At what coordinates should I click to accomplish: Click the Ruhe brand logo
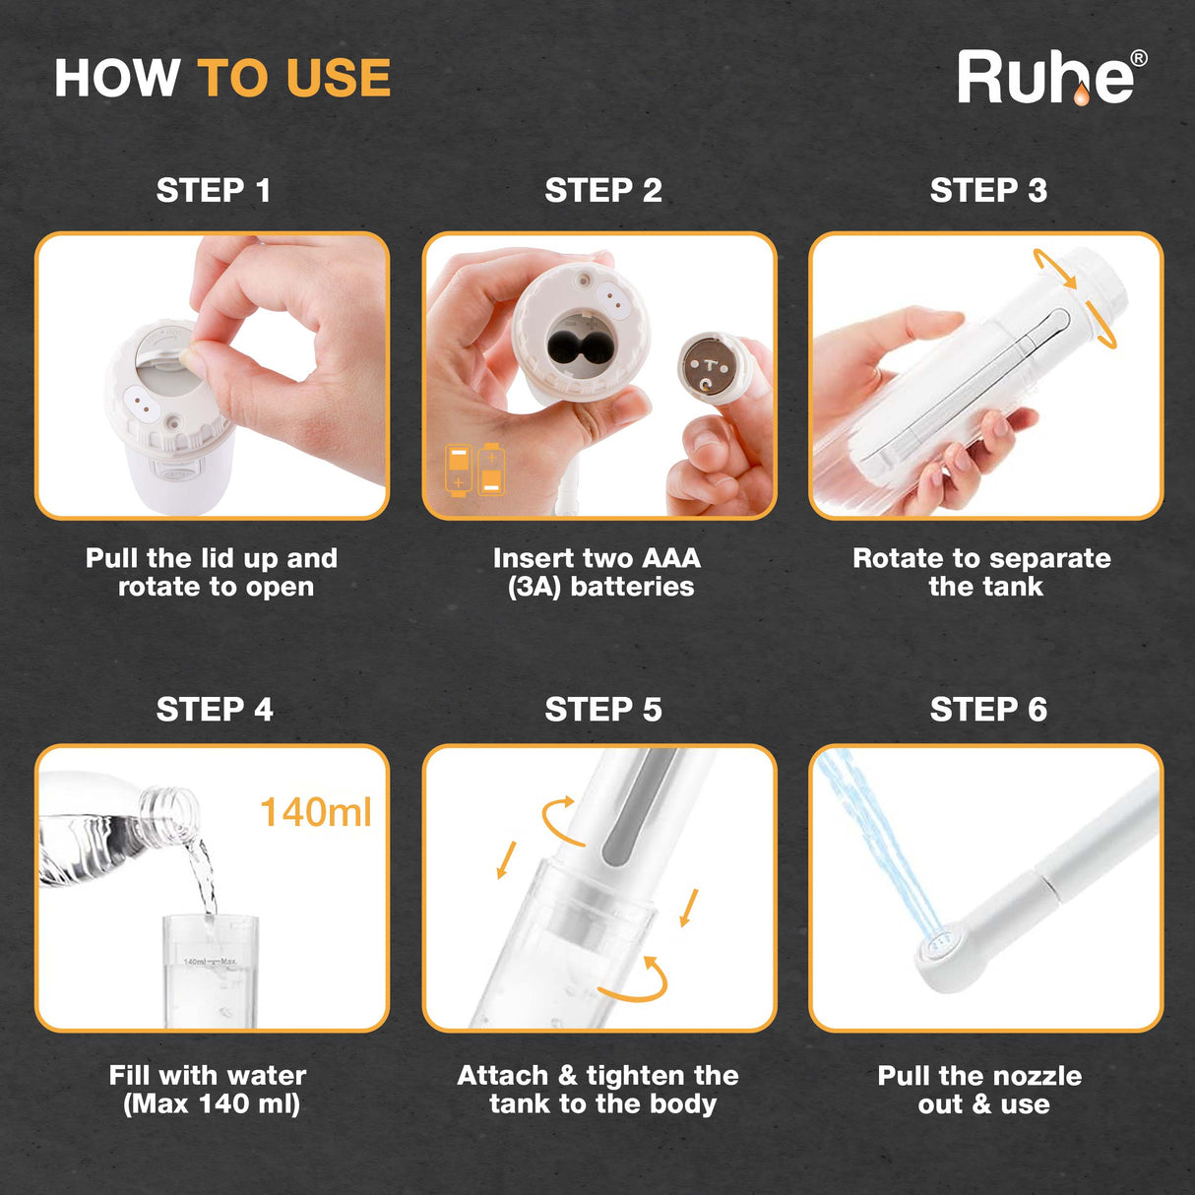(1045, 78)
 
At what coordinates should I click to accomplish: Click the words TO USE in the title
(294, 79)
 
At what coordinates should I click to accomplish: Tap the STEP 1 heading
(213, 190)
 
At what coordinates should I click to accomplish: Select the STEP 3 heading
(987, 190)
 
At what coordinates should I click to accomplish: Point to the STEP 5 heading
(602, 709)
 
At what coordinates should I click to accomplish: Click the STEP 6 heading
(987, 709)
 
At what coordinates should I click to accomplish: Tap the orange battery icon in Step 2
(474, 470)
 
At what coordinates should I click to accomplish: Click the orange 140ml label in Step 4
(315, 812)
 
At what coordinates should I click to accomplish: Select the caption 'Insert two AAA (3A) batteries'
(597, 572)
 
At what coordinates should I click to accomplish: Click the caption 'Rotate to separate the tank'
(982, 572)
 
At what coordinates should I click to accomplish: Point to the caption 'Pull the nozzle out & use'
(980, 1090)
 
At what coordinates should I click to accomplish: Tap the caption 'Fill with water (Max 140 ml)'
(209, 1090)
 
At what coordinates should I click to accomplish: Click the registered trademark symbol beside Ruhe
(1139, 58)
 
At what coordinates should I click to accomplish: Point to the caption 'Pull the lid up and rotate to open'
(213, 572)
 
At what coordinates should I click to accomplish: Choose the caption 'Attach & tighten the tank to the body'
(598, 1090)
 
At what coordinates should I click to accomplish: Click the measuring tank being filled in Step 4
(210, 975)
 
